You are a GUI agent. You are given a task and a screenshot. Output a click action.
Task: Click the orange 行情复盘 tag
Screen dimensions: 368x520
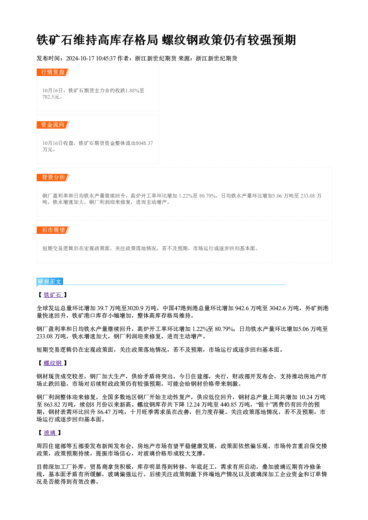pyautogui.click(x=53, y=72)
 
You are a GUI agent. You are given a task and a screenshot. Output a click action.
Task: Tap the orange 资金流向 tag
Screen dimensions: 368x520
pyautogui.click(x=53, y=125)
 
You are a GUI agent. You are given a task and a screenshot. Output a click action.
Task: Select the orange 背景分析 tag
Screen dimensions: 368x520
pyautogui.click(x=53, y=178)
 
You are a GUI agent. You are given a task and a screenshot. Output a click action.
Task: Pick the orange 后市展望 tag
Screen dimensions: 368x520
pyautogui.click(x=53, y=230)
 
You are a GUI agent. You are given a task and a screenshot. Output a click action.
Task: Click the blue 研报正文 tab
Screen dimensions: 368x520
pyautogui.click(x=50, y=282)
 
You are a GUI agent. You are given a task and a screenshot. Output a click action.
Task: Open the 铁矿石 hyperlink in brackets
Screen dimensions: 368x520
pyautogui.click(x=53, y=295)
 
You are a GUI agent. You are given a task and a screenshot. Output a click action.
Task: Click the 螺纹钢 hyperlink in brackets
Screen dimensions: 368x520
pyautogui.click(x=53, y=363)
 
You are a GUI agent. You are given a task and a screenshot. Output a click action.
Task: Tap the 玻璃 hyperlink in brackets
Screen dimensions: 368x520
pyautogui.click(x=50, y=433)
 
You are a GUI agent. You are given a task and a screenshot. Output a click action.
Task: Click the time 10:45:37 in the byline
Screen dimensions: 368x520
pyautogui.click(x=106, y=59)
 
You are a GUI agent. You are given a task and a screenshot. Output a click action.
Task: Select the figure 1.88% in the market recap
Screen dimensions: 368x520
pyautogui.click(x=132, y=90)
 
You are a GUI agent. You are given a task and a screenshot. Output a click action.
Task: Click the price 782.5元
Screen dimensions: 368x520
pyautogui.click(x=51, y=97)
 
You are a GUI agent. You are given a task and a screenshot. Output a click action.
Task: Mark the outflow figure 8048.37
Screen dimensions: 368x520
pyautogui.click(x=144, y=143)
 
